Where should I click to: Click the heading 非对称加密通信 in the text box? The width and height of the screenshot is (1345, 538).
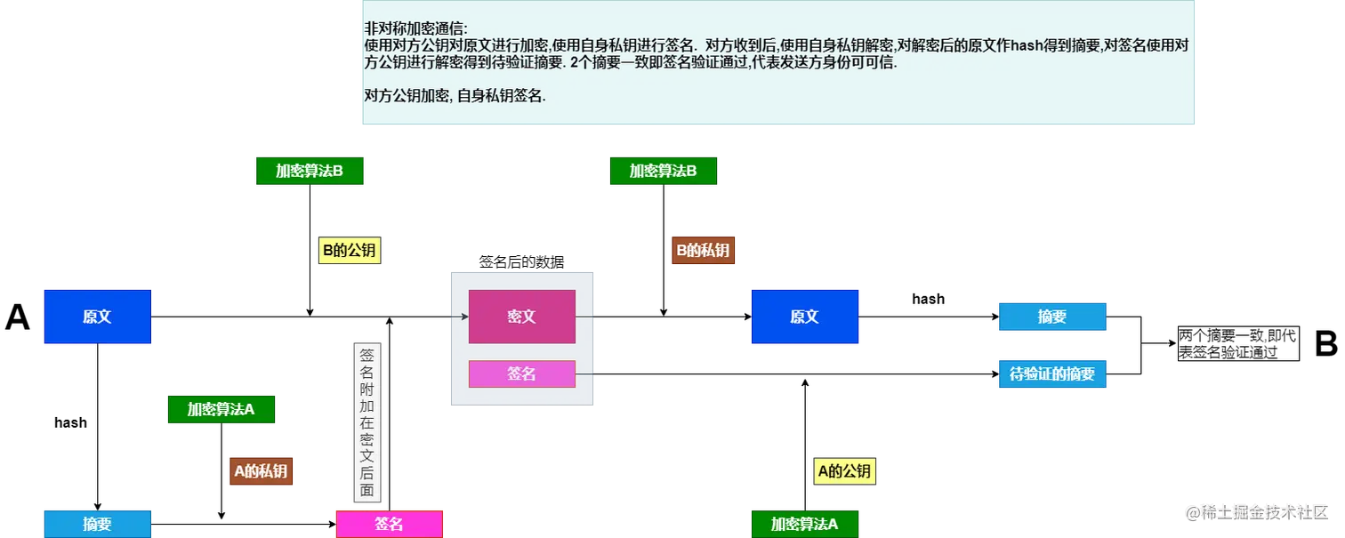tap(415, 28)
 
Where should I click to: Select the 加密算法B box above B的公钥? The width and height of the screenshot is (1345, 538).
tap(310, 171)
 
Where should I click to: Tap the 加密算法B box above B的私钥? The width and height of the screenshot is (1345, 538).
tap(663, 171)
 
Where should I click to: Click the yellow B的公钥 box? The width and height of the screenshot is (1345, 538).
tap(350, 251)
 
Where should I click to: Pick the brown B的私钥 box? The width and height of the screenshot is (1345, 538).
tap(703, 251)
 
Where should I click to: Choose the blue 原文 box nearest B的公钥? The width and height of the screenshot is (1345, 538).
tap(97, 317)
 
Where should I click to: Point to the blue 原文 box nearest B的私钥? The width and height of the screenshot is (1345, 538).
tap(804, 317)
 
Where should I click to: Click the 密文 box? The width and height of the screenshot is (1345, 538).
tap(521, 317)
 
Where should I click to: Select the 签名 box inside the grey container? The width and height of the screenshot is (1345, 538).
tap(521, 373)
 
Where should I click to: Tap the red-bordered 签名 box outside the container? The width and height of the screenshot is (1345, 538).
tap(389, 524)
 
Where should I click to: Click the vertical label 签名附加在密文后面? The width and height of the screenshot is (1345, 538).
tap(366, 423)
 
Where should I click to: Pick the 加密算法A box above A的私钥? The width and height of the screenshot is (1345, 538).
tap(221, 409)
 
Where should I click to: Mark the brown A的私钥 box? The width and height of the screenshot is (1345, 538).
tap(261, 471)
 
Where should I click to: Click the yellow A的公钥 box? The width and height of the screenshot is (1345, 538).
tap(844, 471)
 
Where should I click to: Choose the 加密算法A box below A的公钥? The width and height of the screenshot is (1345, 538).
tap(804, 524)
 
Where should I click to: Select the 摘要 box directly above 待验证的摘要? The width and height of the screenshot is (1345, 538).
tap(1052, 317)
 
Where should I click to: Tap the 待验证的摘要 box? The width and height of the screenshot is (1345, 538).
tap(1052, 374)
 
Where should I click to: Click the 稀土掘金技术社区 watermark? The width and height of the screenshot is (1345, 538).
tap(1256, 511)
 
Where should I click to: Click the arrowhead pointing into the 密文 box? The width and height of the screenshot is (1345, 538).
tap(464, 317)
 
